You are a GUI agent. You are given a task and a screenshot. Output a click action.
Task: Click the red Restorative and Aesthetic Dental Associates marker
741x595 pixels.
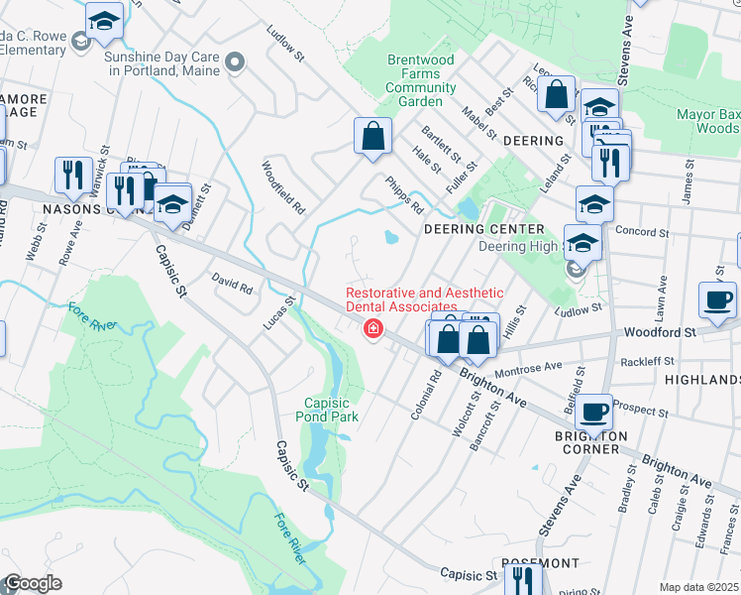(x=373, y=329)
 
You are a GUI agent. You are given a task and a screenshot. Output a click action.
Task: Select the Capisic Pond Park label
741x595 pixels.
(x=331, y=410)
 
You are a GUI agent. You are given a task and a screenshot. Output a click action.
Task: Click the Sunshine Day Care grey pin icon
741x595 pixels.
(x=235, y=64)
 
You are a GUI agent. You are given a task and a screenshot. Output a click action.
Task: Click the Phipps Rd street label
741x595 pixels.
(x=406, y=195)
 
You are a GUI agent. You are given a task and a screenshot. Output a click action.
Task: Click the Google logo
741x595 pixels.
(x=33, y=583)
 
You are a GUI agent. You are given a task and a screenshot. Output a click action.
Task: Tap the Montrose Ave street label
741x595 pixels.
(x=527, y=368)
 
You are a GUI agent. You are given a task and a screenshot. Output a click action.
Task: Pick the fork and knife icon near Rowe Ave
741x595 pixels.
(x=72, y=176)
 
